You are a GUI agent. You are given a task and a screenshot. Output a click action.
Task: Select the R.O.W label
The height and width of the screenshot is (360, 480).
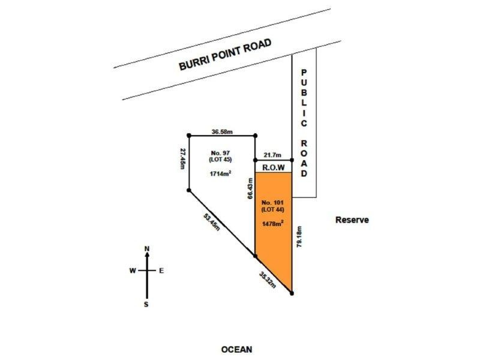tap(273, 167)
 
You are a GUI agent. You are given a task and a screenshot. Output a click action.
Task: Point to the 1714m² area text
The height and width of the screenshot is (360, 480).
tap(220, 174)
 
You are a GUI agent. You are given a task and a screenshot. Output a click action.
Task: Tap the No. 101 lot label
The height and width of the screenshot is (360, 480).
tap(272, 201)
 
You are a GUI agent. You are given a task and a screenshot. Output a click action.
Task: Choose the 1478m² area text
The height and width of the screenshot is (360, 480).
tap(272, 223)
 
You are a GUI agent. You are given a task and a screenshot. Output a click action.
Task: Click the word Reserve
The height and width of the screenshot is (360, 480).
tap(352, 220)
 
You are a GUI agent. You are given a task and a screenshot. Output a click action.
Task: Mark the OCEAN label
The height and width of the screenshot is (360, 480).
tap(236, 349)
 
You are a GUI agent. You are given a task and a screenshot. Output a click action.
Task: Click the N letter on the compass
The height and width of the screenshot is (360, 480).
tap(146, 248)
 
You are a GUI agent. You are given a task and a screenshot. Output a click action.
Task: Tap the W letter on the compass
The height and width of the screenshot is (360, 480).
tap(132, 271)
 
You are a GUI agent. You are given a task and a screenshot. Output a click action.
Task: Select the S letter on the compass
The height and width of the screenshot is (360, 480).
tap(146, 305)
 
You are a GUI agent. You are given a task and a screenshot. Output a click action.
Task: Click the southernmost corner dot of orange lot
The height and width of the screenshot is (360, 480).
tap(292, 293)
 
